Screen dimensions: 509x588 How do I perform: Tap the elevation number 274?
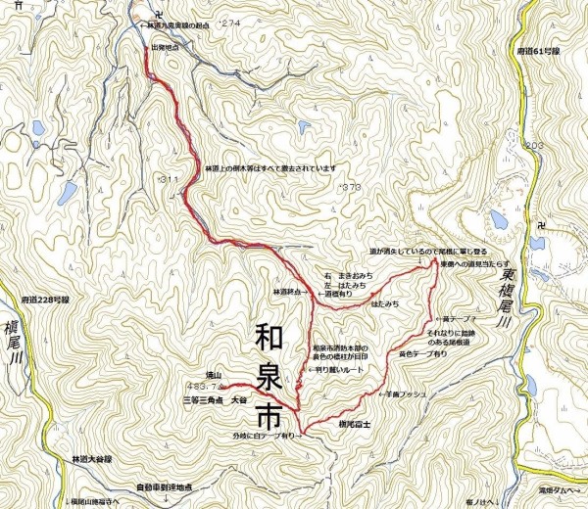pyautogui.click(x=231, y=22)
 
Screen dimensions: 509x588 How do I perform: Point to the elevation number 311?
pyautogui.click(x=168, y=179)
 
